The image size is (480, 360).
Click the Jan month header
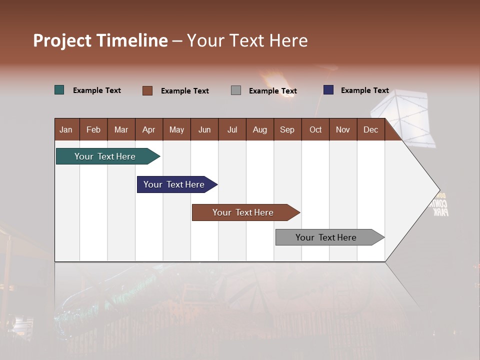point(66,129)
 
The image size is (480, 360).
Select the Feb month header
point(93,129)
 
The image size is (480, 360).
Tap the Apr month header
point(148,129)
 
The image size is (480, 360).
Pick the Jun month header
point(204,129)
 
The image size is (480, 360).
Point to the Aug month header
point(259,129)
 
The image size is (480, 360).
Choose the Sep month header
point(287,129)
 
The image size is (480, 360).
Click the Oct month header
point(315,129)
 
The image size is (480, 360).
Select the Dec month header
point(370,129)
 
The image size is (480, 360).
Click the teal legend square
point(59,90)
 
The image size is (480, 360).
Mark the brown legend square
point(147,90)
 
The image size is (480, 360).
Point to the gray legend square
point(236,90)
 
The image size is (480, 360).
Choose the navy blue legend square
point(328,90)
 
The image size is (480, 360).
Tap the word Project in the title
point(62,40)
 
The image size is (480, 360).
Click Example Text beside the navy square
point(364,90)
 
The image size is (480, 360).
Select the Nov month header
point(342,129)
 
